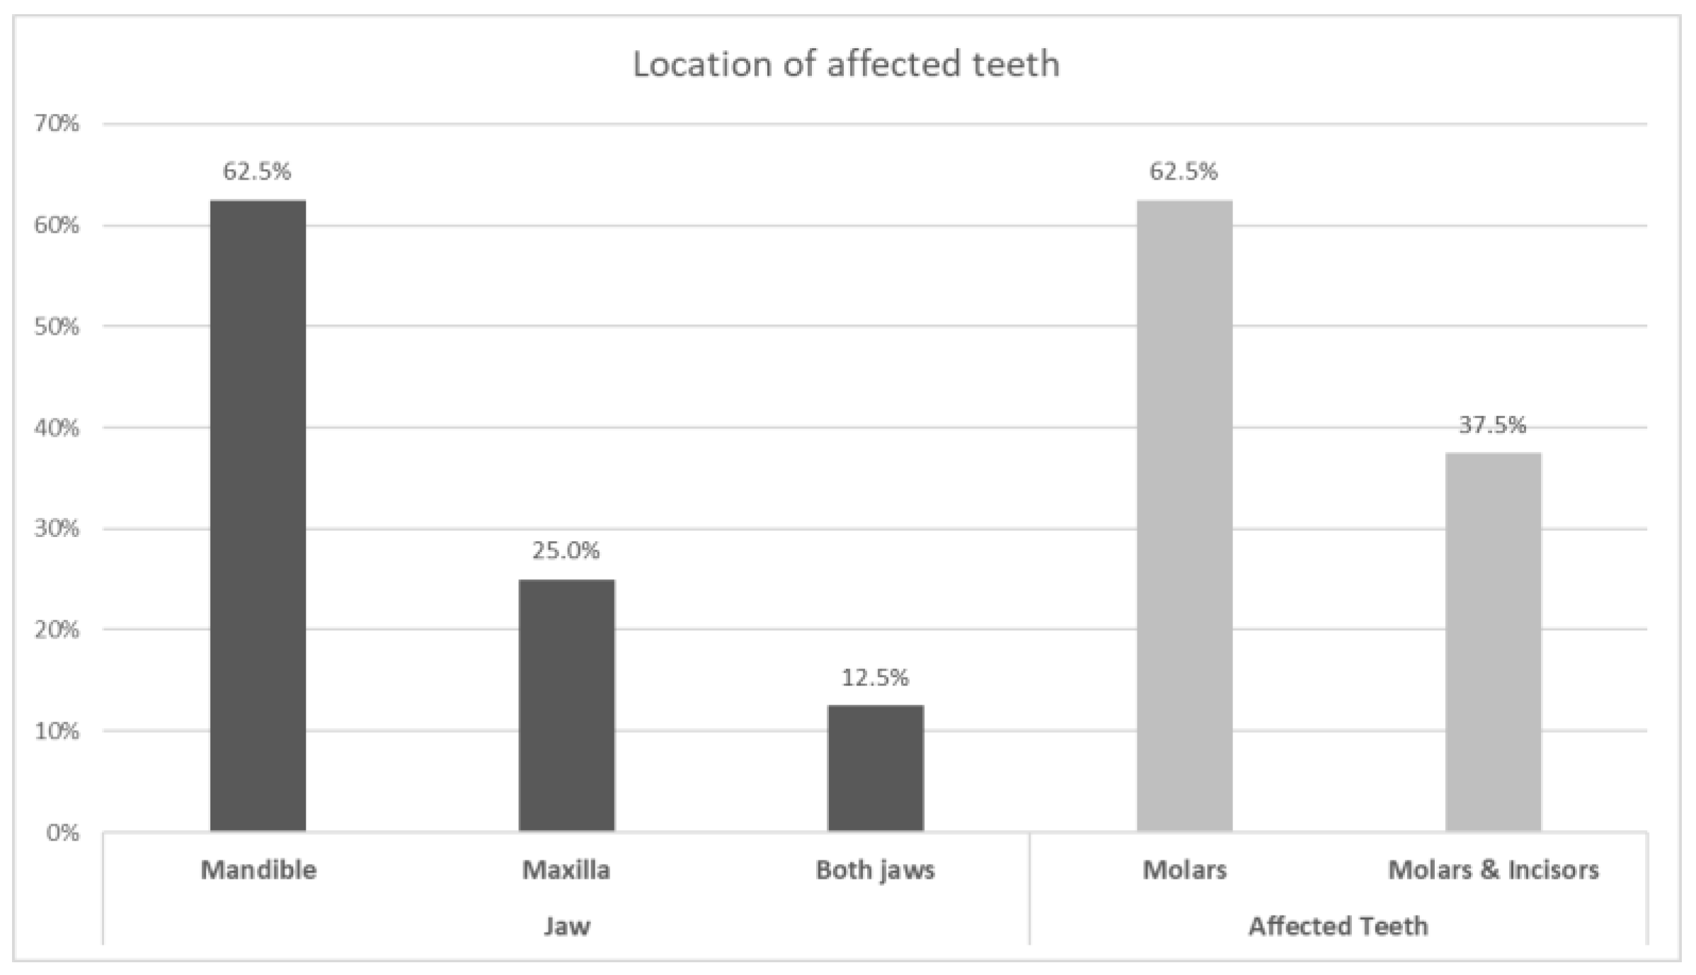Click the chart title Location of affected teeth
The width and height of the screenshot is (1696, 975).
[x=846, y=64]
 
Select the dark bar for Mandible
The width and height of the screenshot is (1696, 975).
[x=258, y=517]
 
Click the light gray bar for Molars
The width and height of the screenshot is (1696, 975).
[x=1184, y=517]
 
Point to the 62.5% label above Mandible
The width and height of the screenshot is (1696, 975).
[x=257, y=171]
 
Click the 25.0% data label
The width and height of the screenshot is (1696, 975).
[x=566, y=550]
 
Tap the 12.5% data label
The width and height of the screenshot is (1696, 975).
[x=875, y=678]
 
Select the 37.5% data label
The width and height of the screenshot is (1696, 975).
[x=1492, y=425]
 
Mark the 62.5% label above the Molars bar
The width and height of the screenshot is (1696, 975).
[x=1184, y=171]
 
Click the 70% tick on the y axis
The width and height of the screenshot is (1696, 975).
[x=57, y=125]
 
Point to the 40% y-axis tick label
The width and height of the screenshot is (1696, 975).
[x=57, y=428]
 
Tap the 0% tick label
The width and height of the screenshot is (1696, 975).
[x=62, y=833]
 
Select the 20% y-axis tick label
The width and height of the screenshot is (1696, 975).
[x=57, y=630]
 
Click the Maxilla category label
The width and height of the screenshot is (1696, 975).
[x=566, y=870]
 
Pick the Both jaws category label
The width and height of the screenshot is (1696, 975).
[x=875, y=870]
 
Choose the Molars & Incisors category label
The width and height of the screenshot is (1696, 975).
[x=1493, y=870]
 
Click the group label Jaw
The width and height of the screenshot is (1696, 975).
[x=566, y=926]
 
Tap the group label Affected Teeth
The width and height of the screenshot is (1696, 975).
[x=1338, y=926]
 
